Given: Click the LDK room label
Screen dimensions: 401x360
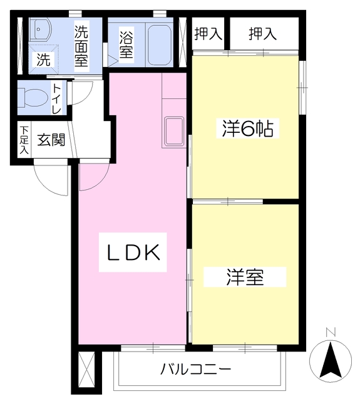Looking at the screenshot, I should [x=133, y=253].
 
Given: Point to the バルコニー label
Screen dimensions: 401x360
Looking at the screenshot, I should [x=195, y=369].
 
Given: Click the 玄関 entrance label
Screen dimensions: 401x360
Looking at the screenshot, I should [x=50, y=139].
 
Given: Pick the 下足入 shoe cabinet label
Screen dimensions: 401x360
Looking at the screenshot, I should [x=24, y=140].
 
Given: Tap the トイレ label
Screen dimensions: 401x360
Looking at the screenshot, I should [x=56, y=98].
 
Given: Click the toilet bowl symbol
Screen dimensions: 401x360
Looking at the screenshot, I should [x=31, y=97].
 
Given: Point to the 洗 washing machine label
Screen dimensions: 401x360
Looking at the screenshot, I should [x=43, y=61].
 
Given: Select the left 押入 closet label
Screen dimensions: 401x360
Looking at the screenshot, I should [x=208, y=34].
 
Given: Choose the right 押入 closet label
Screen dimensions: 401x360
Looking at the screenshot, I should [x=262, y=34].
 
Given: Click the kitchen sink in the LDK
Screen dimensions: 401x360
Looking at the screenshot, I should [x=174, y=132].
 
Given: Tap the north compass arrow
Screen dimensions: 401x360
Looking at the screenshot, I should [x=331, y=360].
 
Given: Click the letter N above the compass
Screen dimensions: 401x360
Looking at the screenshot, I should [x=331, y=332].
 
